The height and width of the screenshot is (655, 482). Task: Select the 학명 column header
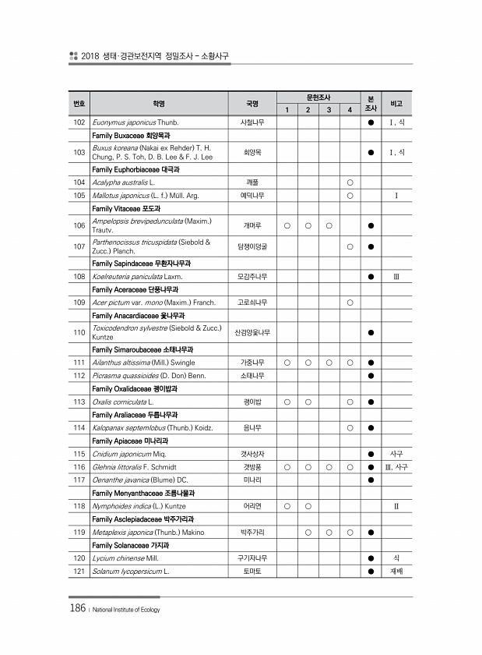158,103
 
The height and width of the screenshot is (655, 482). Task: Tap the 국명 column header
252,103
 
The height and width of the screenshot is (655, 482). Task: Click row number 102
78,122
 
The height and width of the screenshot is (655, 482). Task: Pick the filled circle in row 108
371,276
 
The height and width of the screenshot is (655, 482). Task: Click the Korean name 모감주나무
252,276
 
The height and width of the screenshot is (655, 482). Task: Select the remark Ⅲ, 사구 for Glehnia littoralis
396,466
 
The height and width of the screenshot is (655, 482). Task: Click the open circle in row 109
350,301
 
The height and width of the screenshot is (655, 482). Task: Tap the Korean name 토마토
252,572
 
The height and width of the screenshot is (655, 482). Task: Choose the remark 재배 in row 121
396,572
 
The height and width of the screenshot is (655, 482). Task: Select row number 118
78,506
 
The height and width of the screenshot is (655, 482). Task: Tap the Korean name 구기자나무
252,558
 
